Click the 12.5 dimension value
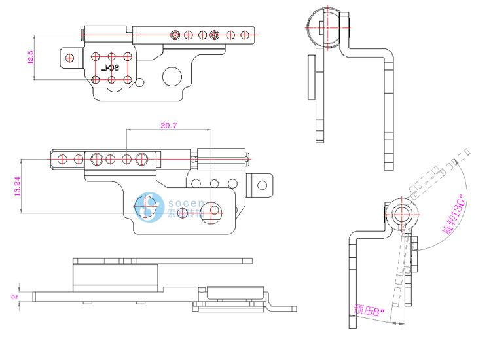(x=30, y=58)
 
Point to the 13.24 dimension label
(x=18, y=186)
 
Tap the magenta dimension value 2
(x=14, y=297)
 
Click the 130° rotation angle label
(x=452, y=215)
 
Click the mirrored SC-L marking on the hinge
(x=112, y=67)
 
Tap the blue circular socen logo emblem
(x=148, y=207)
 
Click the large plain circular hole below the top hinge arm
(x=172, y=77)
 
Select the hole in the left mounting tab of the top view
(x=67, y=58)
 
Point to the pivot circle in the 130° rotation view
(x=400, y=214)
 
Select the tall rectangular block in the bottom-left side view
(x=115, y=276)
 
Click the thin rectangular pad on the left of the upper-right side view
(x=310, y=77)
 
